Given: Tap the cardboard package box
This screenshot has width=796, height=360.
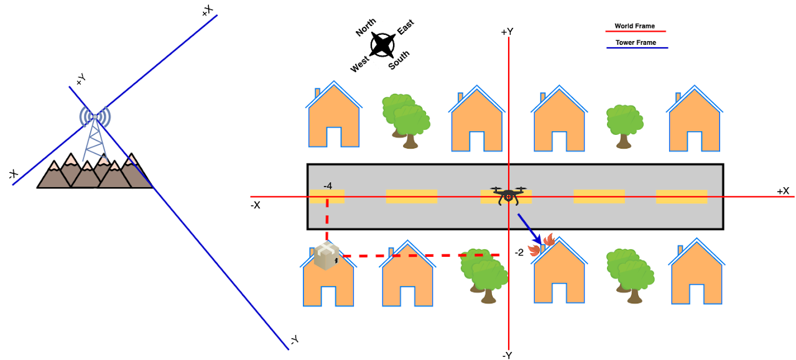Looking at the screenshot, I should [327, 256].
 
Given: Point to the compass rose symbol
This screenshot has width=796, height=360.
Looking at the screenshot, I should [382, 45].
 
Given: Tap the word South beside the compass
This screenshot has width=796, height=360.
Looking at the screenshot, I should [399, 60].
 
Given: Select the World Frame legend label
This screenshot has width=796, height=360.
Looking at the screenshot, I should [634, 26].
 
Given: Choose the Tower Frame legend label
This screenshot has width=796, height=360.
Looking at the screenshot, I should [636, 43].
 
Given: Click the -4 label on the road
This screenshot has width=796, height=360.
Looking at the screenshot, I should [328, 186].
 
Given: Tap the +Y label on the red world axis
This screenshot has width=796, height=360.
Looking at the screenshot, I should [507, 31].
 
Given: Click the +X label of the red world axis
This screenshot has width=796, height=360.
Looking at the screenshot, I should [782, 191].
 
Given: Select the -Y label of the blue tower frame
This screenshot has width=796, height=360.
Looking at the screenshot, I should [294, 339].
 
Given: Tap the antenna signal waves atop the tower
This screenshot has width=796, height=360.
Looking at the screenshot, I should [95, 116].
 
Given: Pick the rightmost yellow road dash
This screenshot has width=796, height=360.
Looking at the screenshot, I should [681, 196].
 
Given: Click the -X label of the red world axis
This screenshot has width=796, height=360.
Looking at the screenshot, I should [255, 204].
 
